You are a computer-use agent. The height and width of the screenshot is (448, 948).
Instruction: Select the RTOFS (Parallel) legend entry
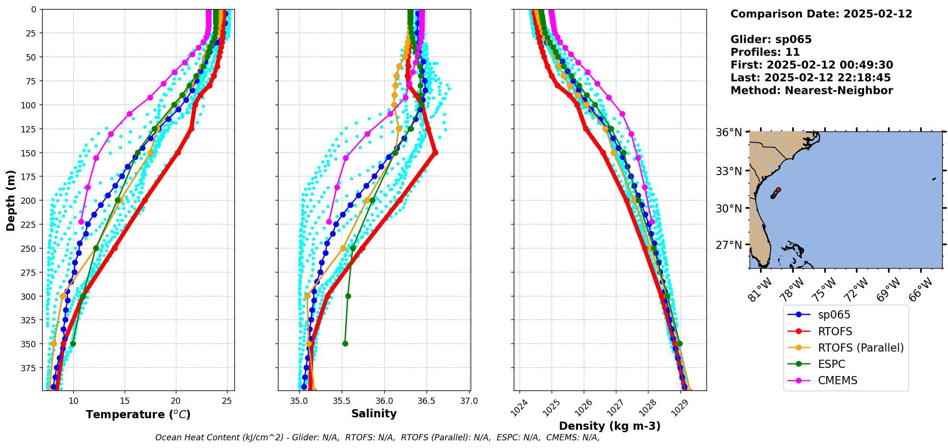[x=860, y=348]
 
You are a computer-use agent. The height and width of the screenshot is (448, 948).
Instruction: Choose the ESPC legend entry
[x=831, y=364]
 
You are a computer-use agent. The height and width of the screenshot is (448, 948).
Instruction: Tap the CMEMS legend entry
[x=837, y=380]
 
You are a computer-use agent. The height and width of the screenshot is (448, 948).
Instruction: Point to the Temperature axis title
[x=138, y=414]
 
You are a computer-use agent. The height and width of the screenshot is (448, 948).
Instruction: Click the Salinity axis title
[x=374, y=413]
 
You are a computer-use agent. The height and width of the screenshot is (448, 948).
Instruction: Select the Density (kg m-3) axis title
[x=610, y=426]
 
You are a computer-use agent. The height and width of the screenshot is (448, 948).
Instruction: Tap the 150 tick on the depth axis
[x=29, y=153]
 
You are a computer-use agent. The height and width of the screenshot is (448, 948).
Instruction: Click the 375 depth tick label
[x=29, y=368]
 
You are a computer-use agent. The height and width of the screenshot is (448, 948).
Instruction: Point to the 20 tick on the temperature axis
[x=176, y=401]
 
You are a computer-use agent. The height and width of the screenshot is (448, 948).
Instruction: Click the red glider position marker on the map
[x=778, y=190]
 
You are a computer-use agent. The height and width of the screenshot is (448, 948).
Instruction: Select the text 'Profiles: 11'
[x=765, y=52]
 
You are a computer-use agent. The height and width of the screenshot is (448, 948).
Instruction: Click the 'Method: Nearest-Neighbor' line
[x=811, y=91]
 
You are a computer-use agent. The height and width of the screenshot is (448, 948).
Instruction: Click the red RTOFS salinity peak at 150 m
[x=435, y=153]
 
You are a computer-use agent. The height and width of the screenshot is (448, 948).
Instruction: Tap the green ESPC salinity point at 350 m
[x=345, y=343]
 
